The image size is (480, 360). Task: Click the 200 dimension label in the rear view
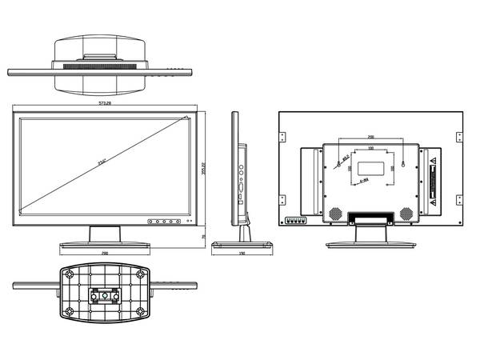tap(370, 138)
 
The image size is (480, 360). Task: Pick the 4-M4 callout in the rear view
tap(362, 182)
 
